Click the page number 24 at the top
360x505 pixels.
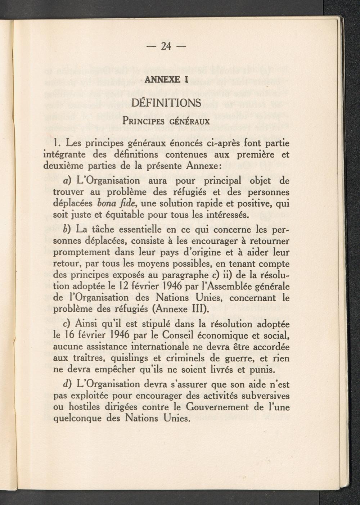pos(166,46)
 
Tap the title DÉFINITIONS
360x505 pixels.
pos(166,103)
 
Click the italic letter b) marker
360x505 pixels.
pos(67,229)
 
